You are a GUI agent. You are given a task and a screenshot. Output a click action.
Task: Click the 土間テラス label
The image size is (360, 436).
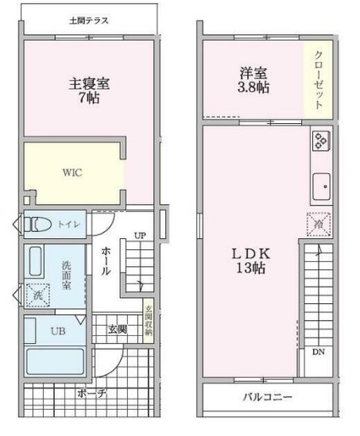click(88, 18)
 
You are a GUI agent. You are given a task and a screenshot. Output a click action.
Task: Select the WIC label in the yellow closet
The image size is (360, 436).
click(73, 171)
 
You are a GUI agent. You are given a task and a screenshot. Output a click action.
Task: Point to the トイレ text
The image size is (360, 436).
click(68, 225)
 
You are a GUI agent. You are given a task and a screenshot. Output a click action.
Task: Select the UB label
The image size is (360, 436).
click(58, 330)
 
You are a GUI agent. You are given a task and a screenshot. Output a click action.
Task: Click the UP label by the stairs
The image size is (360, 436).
click(140, 236)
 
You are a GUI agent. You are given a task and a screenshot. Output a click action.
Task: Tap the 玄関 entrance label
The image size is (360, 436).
click(117, 329)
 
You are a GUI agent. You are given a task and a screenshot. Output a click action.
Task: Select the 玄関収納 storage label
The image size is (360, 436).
click(148, 324)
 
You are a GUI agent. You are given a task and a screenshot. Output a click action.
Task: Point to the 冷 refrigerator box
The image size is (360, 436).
click(315, 226)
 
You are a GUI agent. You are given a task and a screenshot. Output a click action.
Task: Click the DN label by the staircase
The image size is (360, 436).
click(318, 353)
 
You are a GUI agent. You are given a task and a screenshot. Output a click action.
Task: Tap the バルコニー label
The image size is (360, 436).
click(266, 397)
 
